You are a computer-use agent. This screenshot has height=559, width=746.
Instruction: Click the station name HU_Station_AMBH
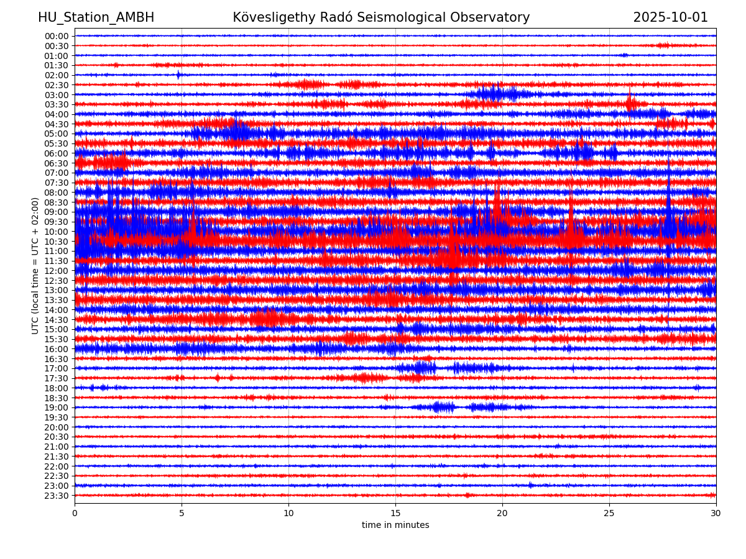pos(96,17)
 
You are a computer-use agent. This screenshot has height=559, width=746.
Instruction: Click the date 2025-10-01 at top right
pos(670,17)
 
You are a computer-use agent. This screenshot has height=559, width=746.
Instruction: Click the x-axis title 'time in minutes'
pos(395,525)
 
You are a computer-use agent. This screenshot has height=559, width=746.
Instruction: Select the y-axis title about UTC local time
pos(35,265)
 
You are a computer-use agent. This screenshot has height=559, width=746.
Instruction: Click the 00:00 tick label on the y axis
pos(57,36)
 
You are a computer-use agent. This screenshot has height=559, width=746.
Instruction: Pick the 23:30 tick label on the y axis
pos(57,496)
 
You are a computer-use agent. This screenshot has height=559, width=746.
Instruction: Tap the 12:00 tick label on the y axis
pos(57,271)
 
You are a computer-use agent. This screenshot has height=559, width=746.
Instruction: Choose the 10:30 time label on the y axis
pos(57,242)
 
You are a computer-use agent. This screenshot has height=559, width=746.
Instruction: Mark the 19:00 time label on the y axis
pos(57,407)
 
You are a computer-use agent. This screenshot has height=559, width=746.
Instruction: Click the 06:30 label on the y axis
pos(57,163)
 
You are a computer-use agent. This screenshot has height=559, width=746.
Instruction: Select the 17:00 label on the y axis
pos(57,368)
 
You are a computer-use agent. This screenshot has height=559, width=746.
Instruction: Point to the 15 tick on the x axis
pos(395,513)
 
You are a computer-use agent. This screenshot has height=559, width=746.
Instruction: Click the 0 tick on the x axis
pos(75,513)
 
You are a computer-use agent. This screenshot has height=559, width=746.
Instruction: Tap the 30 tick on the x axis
pos(716,513)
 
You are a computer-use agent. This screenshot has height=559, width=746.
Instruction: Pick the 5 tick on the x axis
pos(182,513)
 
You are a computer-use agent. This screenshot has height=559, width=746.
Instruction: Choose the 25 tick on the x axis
pos(609,513)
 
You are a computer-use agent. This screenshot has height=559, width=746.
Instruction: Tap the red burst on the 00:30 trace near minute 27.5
pos(663,45)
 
